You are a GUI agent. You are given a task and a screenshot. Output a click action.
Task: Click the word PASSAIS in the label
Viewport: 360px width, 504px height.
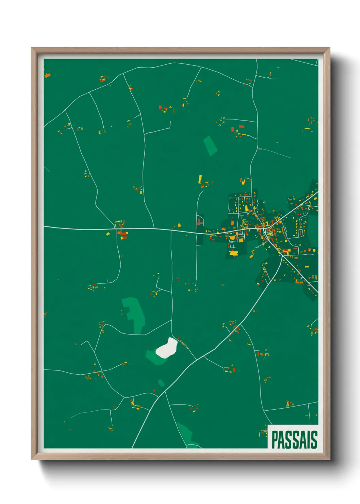294,440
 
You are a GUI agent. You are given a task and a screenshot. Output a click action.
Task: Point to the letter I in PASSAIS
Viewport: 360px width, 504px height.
308,440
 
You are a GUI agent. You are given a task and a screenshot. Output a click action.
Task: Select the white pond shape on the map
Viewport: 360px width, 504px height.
167,348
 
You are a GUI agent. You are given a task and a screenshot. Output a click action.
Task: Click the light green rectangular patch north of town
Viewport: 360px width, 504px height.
210,145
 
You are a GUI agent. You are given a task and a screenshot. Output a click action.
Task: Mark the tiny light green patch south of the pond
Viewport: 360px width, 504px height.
161,383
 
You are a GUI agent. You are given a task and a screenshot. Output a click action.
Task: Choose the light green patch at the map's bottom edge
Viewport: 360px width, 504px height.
185,434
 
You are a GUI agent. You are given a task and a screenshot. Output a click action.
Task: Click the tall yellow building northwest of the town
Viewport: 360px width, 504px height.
200,179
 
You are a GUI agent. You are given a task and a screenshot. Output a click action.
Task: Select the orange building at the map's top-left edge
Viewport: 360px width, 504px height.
47,75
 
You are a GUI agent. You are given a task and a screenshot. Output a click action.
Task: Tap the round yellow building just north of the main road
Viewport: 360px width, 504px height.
179,225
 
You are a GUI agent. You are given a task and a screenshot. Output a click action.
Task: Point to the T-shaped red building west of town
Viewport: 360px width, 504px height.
199,222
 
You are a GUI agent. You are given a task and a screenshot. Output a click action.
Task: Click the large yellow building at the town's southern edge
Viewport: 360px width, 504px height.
233,253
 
